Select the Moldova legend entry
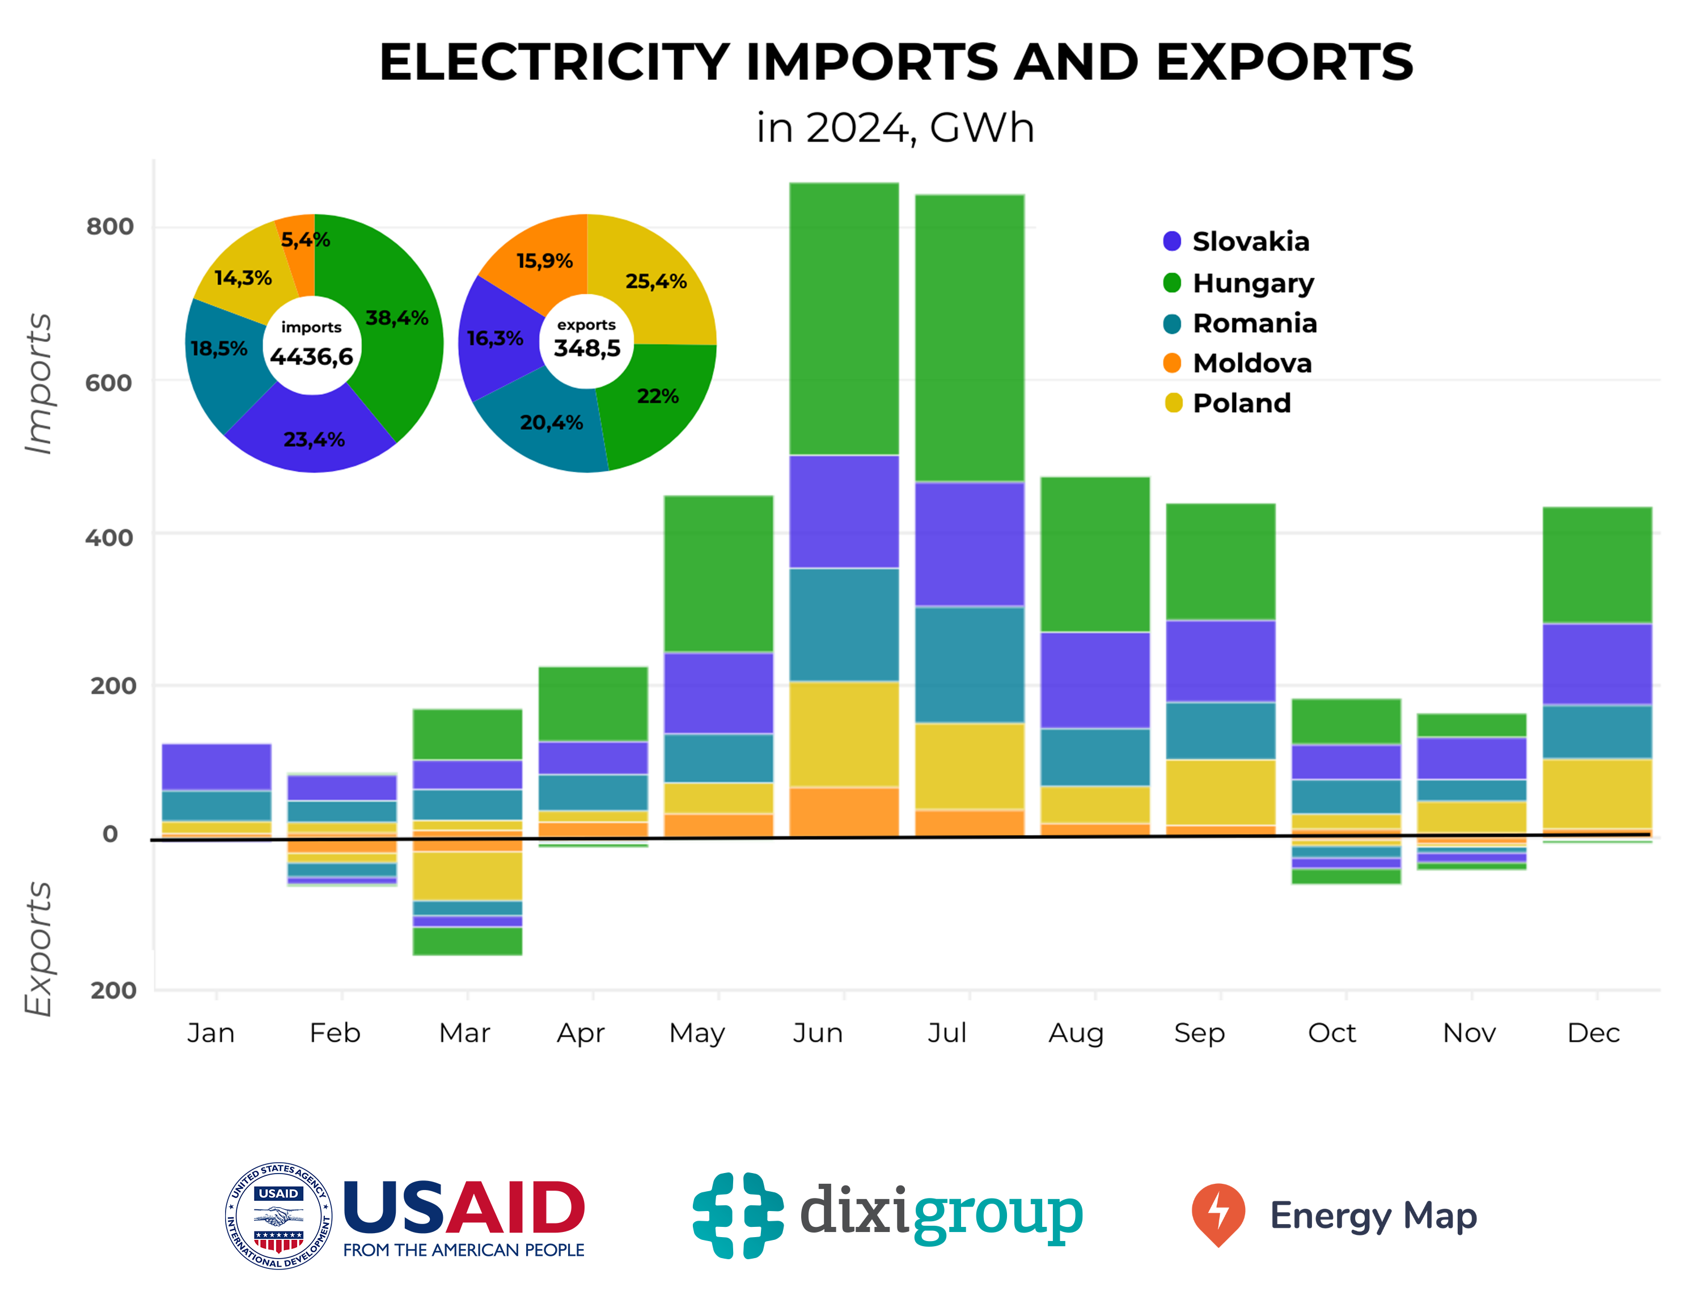(x=1251, y=363)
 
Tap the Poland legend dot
(x=1173, y=403)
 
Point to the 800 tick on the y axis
(x=109, y=227)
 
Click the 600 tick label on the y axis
(x=109, y=383)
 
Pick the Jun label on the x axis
(x=818, y=1033)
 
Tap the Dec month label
(x=1593, y=1033)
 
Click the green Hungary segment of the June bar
(x=844, y=318)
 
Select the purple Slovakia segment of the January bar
(x=216, y=767)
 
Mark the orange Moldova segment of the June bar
(x=844, y=811)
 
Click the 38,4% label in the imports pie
(x=397, y=317)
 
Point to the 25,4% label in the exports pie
(x=656, y=281)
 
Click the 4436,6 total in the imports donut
(x=311, y=357)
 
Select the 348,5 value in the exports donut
(x=587, y=349)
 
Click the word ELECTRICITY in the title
(x=553, y=62)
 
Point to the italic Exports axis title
(x=38, y=949)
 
